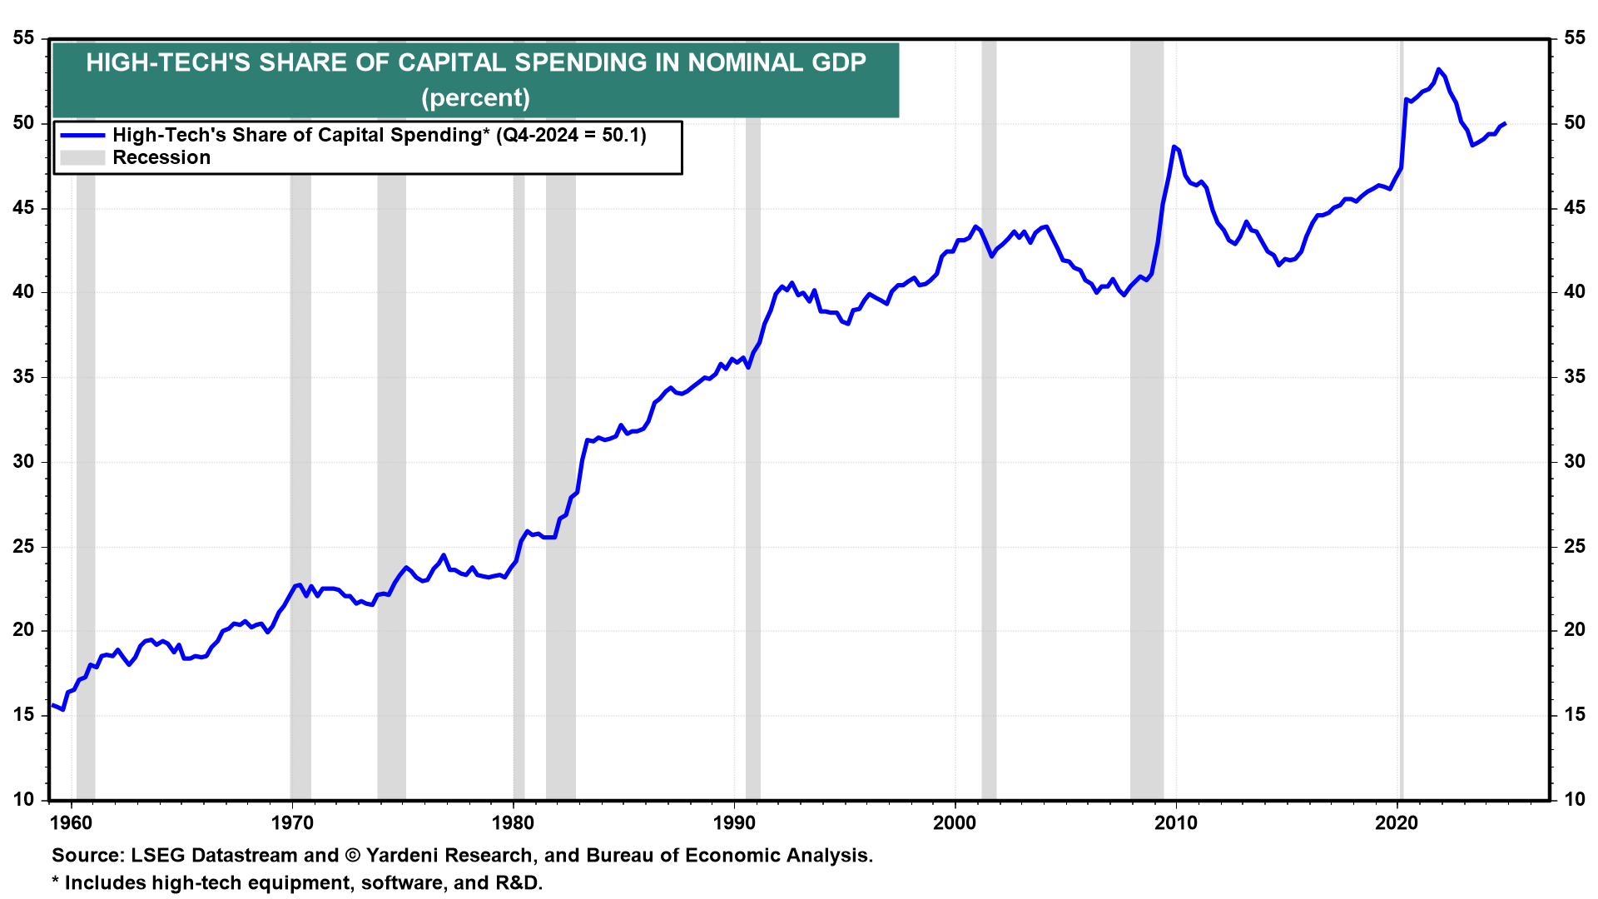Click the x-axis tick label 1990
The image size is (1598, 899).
(x=734, y=824)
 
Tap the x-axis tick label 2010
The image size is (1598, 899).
(x=1176, y=824)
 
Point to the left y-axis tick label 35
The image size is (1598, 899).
(x=24, y=377)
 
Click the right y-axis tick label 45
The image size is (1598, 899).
(x=1574, y=208)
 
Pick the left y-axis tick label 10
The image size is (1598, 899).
(x=24, y=800)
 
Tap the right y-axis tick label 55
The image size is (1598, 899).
(x=1574, y=38)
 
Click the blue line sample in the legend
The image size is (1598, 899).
(x=82, y=135)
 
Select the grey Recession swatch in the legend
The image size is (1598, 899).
(x=82, y=157)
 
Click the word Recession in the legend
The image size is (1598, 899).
(x=161, y=157)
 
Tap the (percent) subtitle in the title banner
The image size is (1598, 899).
(x=475, y=98)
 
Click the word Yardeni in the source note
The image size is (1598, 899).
(x=401, y=856)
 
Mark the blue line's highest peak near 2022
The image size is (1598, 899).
(x=1438, y=69)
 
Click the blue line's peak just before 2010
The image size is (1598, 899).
(x=1174, y=147)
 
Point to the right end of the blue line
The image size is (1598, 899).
(x=1505, y=123)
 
